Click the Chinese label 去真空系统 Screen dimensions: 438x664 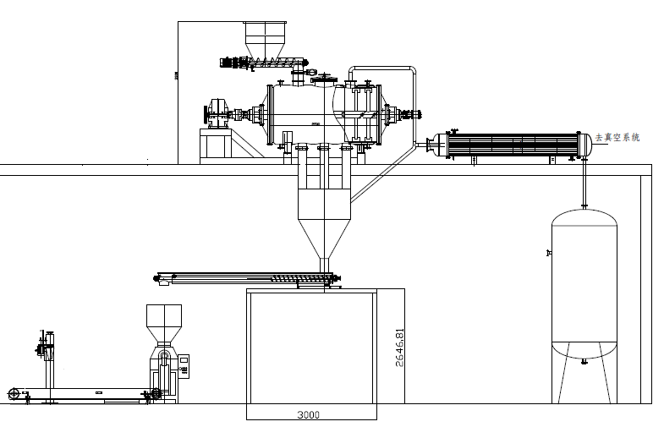617,137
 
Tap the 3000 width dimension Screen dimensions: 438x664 308,415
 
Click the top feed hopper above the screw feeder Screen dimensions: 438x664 264,37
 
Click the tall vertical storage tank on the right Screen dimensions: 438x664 584,287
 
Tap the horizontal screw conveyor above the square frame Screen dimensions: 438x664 245,277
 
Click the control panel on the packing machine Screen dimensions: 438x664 184,364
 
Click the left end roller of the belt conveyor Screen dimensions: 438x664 14,393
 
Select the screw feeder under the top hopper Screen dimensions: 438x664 262,62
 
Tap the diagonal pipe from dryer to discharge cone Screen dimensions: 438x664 381,173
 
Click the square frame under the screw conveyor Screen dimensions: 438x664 310,347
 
